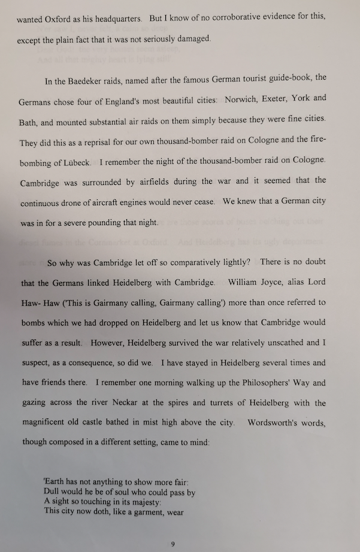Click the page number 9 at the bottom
pos(173,544)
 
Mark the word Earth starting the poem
pos(56,483)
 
